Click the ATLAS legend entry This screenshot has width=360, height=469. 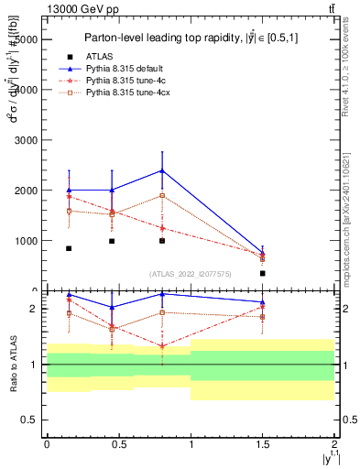97,57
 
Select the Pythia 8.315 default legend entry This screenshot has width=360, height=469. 119,69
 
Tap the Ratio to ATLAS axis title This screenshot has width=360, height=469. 12,365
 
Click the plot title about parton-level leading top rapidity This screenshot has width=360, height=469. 190,38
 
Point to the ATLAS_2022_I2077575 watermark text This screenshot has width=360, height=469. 190,274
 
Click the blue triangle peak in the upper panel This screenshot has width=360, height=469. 162,170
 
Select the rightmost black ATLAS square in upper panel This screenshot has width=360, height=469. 263,273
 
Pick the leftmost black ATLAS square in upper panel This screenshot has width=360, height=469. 69,248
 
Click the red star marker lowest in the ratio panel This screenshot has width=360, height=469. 162,346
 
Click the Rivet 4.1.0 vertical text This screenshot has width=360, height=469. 352,64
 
